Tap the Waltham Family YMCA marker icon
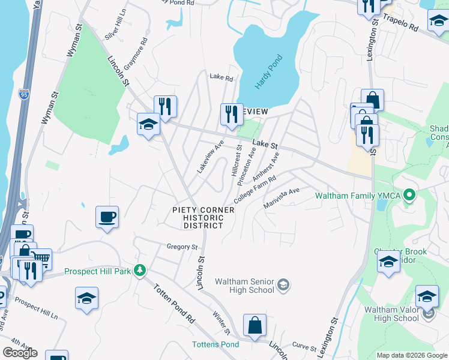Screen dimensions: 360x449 (410, 195)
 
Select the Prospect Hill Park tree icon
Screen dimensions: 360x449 (140, 271)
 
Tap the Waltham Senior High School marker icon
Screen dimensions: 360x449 (284, 284)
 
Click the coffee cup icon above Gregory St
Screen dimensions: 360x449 (107, 216)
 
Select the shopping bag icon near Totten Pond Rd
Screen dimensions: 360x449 (255, 325)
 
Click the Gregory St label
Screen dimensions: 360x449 (182, 247)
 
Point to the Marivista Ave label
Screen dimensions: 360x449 (282, 199)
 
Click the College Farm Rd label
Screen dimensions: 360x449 (255, 189)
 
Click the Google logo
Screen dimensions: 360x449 (20, 353)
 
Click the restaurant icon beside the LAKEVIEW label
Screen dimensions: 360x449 (231, 113)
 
